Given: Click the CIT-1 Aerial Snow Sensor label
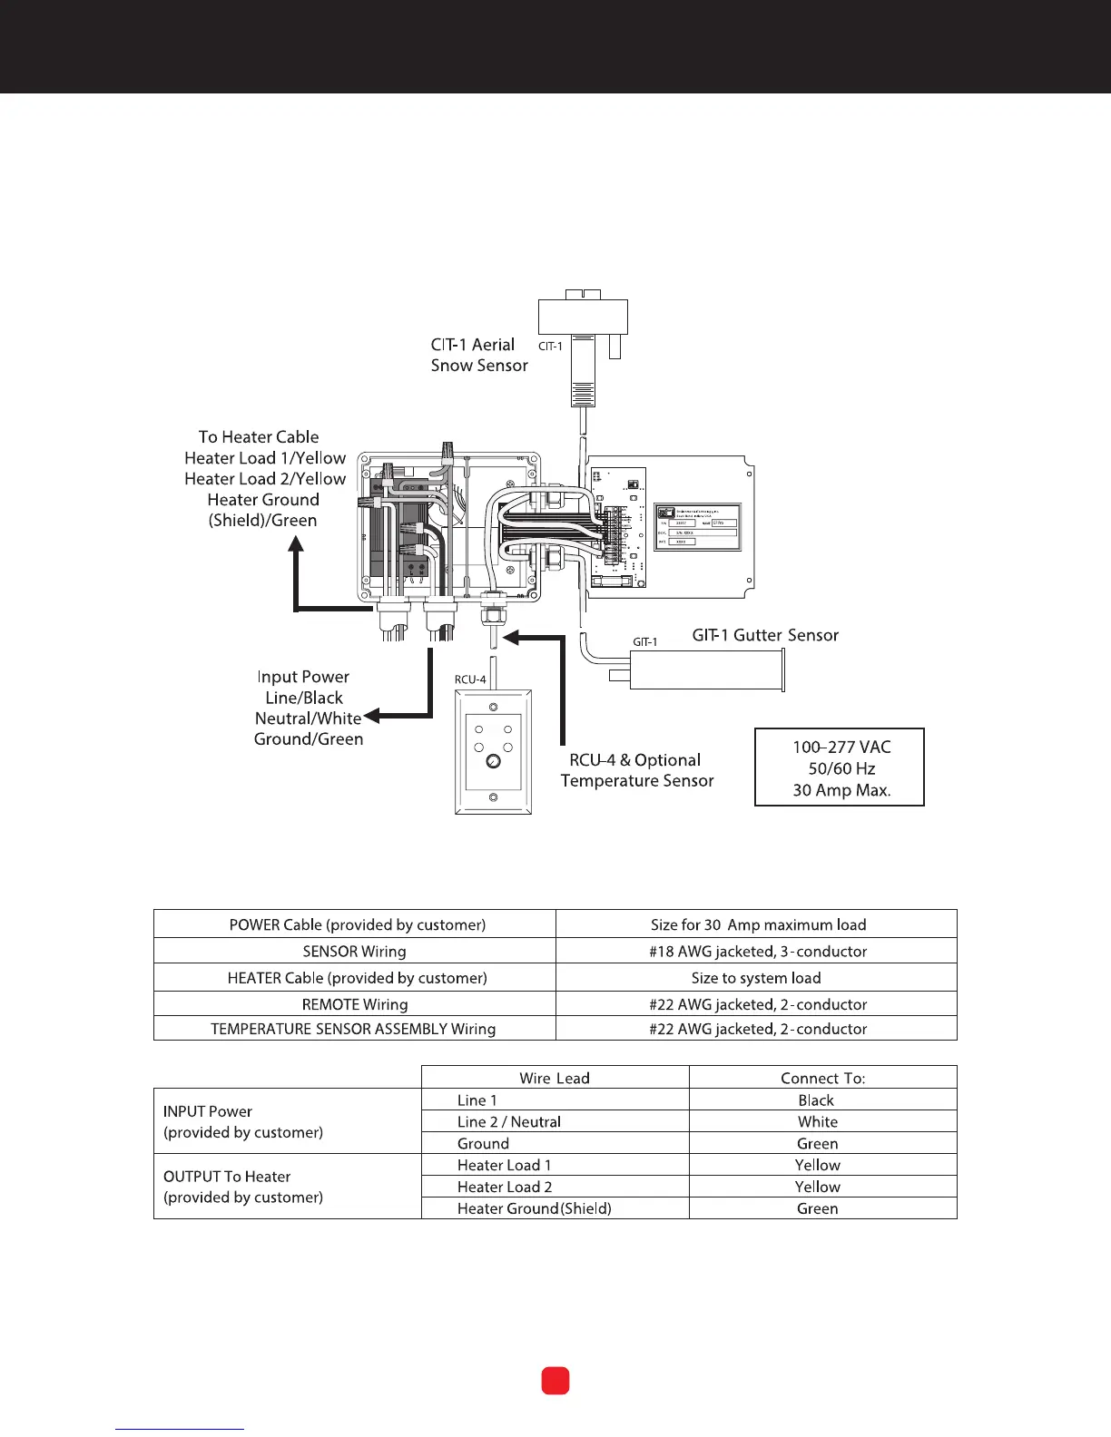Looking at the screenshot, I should click(x=479, y=355).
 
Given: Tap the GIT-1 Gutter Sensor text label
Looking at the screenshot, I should click(x=765, y=635).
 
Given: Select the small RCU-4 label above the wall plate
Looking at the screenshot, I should click(x=470, y=679).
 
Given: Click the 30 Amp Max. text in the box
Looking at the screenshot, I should click(x=841, y=790).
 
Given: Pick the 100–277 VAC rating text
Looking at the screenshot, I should click(x=841, y=747).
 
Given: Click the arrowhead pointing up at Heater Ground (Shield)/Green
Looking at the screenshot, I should click(x=296, y=544).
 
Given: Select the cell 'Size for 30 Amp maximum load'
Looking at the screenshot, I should click(x=758, y=924).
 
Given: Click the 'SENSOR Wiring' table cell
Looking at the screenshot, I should click(x=354, y=951).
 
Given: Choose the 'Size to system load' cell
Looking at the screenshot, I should click(x=756, y=978).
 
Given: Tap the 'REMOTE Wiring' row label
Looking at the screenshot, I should click(x=355, y=1004).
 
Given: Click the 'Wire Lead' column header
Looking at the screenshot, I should click(x=555, y=1078).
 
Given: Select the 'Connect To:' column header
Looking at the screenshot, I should click(x=822, y=1078).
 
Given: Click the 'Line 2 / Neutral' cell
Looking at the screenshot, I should click(x=509, y=1121).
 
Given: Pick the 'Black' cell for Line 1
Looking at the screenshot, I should click(x=816, y=1100).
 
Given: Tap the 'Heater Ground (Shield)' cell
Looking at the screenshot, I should click(x=535, y=1208).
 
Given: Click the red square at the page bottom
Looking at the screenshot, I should click(x=555, y=1381).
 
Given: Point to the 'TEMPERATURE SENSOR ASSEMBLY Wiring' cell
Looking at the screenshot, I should click(x=353, y=1029).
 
